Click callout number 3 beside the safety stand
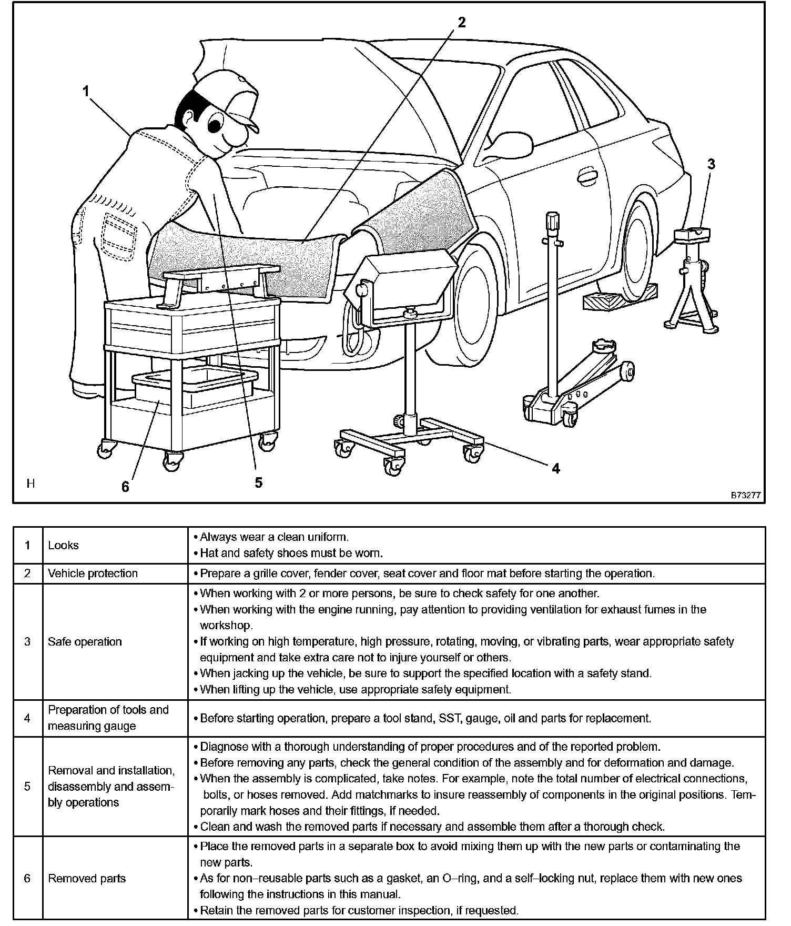point(711,164)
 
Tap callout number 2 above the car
point(461,23)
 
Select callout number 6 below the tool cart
point(125,487)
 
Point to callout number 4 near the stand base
point(556,468)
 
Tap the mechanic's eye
point(215,125)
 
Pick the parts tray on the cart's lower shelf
point(195,387)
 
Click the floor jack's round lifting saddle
point(605,346)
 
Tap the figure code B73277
point(745,495)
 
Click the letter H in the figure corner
point(31,484)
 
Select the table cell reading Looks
point(63,545)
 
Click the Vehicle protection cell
point(93,573)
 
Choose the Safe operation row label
point(85,641)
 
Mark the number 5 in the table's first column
point(27,786)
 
